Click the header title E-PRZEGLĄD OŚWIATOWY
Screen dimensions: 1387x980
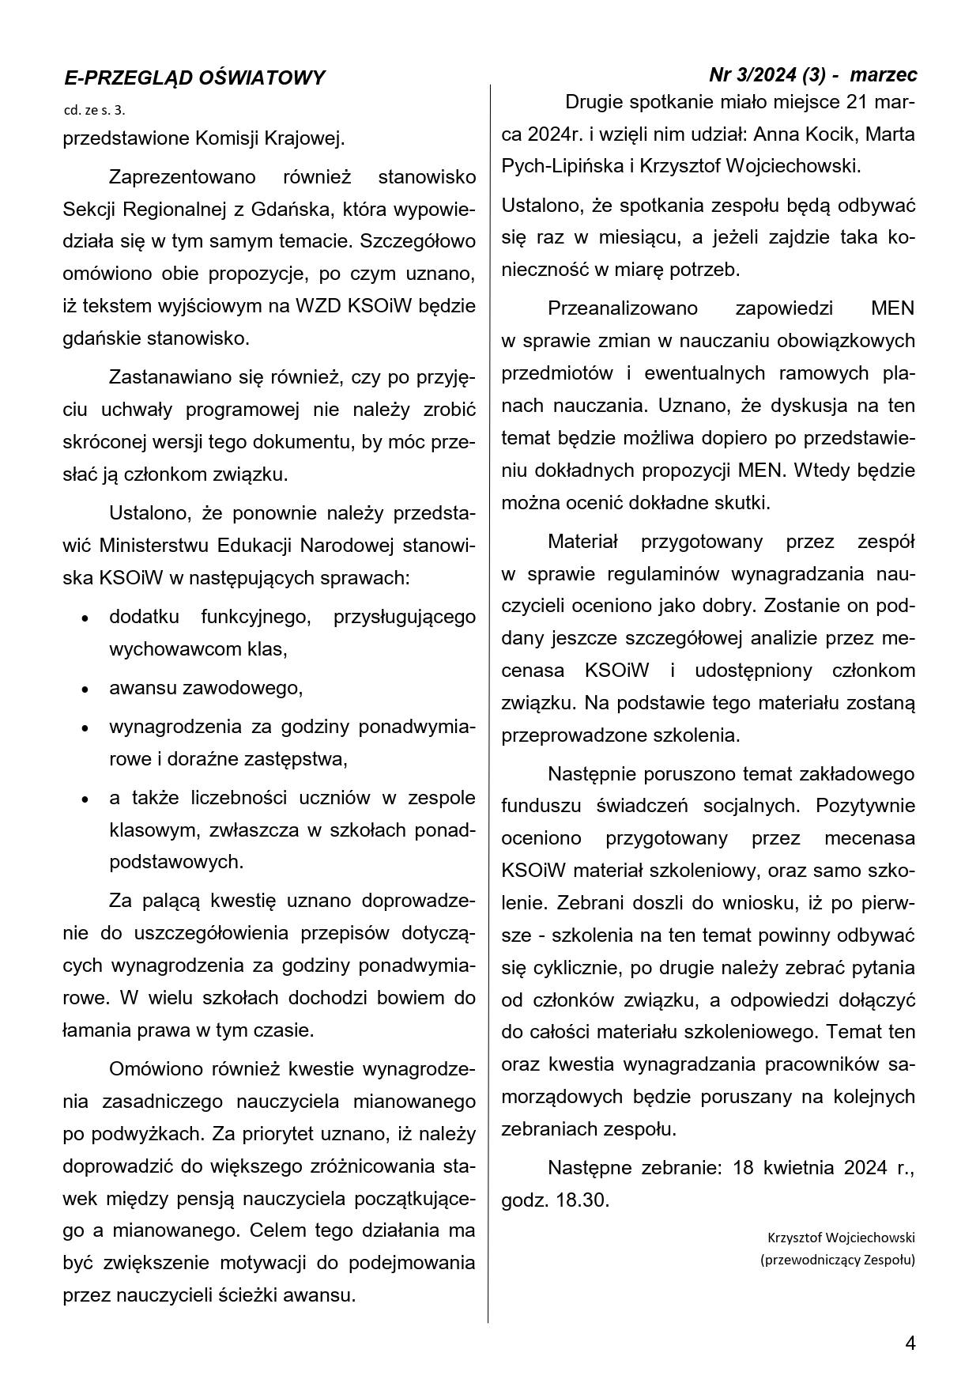[x=194, y=77]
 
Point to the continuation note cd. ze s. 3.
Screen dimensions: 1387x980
[x=94, y=110]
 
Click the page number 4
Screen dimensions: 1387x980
[x=910, y=1343]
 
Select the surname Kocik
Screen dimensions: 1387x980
[x=823, y=134]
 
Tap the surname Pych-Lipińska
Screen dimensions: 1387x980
[x=561, y=167]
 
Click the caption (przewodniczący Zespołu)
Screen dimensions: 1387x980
[x=838, y=1260]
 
